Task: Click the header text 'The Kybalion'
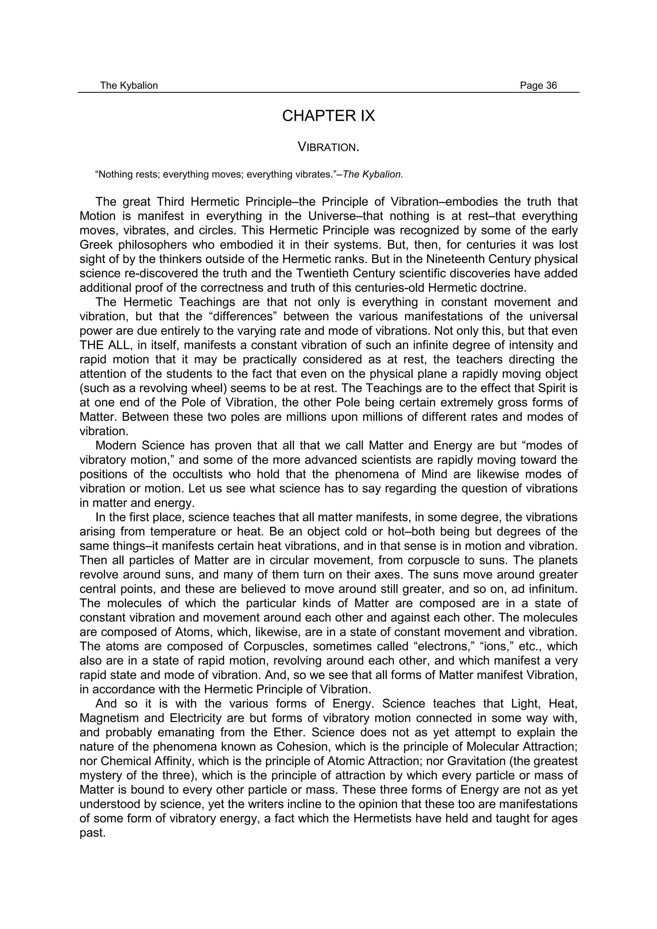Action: (x=129, y=85)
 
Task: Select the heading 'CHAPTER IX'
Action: (x=328, y=116)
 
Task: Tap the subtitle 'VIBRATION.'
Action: (x=328, y=147)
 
